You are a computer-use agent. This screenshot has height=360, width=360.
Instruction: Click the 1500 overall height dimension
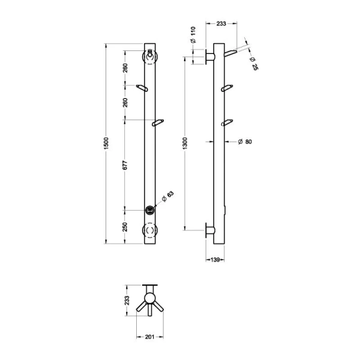tap(106, 143)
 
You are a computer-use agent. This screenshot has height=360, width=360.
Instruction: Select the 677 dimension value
tap(125, 165)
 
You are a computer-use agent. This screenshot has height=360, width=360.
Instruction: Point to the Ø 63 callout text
tap(170, 196)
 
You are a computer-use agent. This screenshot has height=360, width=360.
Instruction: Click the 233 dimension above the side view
tap(220, 23)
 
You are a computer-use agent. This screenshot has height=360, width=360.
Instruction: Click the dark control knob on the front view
tap(150, 209)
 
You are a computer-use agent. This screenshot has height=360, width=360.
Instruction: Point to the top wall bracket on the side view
tap(210, 57)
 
